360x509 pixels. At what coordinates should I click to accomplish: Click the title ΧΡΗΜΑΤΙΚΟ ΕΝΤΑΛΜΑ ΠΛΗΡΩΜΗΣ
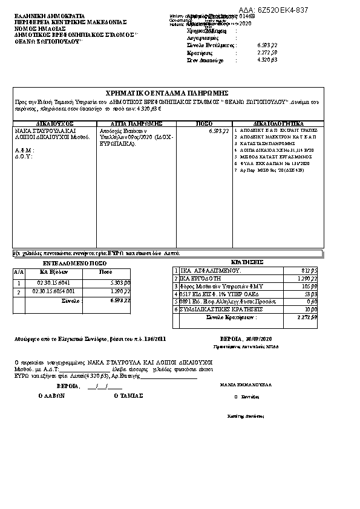click(166, 92)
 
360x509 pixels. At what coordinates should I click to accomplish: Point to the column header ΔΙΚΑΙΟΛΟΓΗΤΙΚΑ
click(278, 123)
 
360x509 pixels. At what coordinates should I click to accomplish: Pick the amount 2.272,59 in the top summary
click(267, 53)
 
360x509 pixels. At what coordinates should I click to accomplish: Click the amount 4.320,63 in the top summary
click(267, 60)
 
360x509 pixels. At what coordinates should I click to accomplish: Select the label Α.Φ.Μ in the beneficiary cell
click(24, 149)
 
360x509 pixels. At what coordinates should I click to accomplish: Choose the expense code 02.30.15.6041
click(53, 283)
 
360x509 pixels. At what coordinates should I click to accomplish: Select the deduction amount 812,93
click(309, 270)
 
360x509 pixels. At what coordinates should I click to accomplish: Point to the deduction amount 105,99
click(309, 286)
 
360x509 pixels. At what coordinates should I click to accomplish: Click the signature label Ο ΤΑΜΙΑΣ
click(128, 396)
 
